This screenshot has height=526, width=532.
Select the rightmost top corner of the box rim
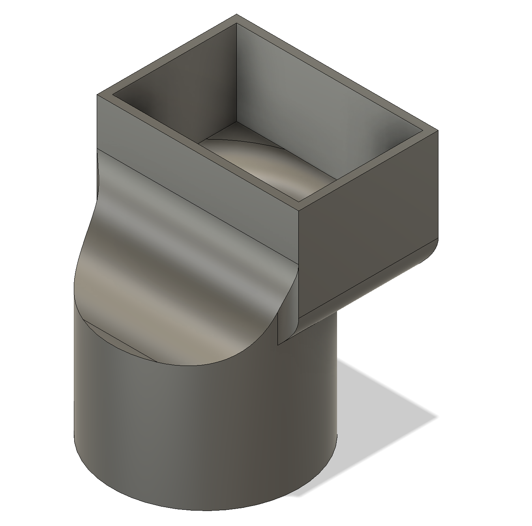pos(438,130)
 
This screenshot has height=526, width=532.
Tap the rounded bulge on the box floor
pos(268,170)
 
